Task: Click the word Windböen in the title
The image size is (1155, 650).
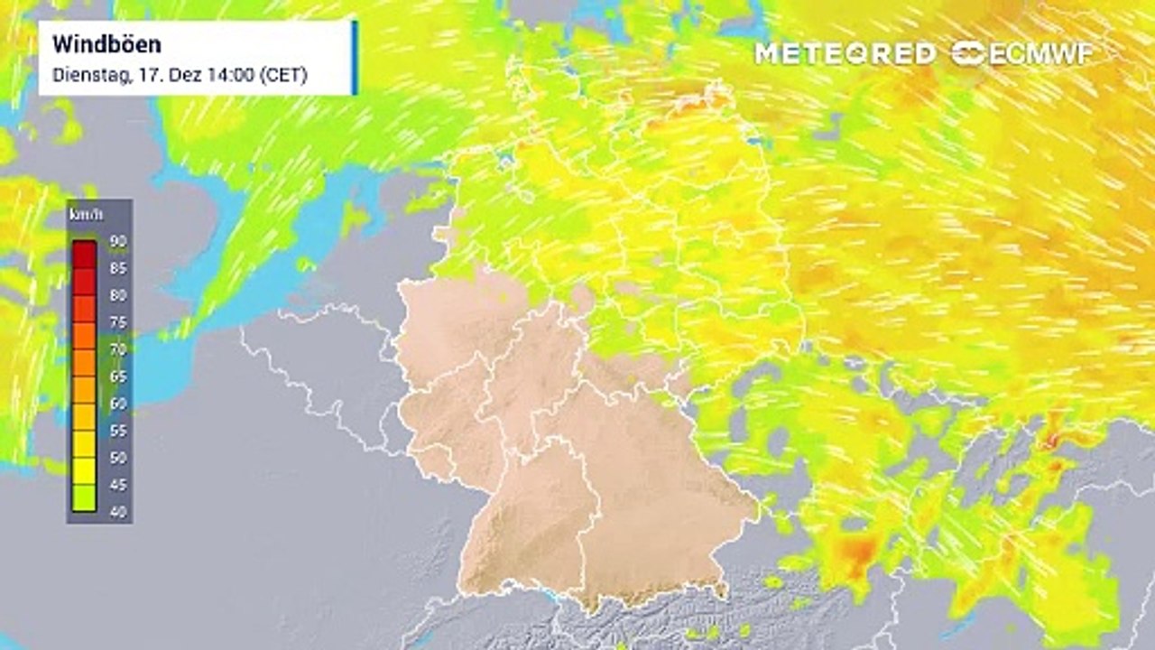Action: pyautogui.click(x=106, y=44)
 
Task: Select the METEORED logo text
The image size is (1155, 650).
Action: pyautogui.click(x=845, y=53)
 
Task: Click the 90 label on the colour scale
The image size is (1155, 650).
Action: pyautogui.click(x=118, y=241)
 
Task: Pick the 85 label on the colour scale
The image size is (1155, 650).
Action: pyautogui.click(x=118, y=268)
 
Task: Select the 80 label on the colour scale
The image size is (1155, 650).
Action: pyautogui.click(x=118, y=295)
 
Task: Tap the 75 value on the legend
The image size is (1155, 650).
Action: pyautogui.click(x=118, y=322)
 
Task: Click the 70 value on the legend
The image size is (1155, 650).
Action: pyautogui.click(x=118, y=349)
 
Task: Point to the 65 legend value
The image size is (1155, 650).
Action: pyautogui.click(x=118, y=376)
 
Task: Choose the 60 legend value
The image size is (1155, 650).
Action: pyautogui.click(x=118, y=404)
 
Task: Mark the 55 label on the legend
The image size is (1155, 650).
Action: pyautogui.click(x=118, y=431)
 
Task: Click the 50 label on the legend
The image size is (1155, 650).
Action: pyautogui.click(x=118, y=458)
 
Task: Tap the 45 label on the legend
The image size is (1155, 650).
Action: pyautogui.click(x=118, y=485)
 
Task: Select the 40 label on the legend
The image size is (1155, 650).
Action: pyautogui.click(x=118, y=512)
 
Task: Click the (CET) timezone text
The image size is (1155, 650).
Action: pyautogui.click(x=283, y=75)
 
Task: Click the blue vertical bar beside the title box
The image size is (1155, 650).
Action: pyautogui.click(x=355, y=57)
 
